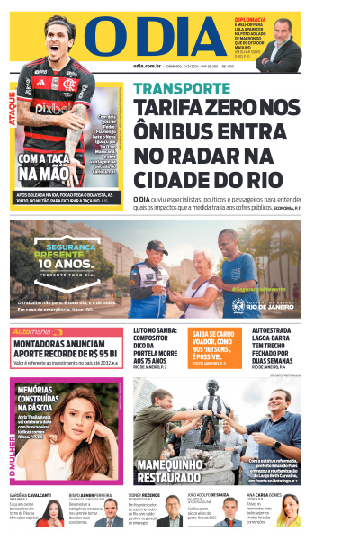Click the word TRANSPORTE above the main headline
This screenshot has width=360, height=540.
coord(181,89)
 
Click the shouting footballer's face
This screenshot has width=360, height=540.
coord(62,34)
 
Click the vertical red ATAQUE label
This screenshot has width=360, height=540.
coord(12,108)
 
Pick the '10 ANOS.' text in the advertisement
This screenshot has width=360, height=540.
coord(71,264)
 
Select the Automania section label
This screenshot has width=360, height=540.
coord(38,332)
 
